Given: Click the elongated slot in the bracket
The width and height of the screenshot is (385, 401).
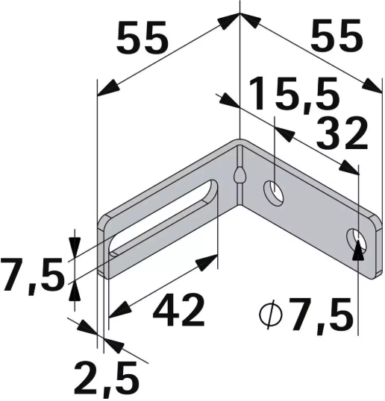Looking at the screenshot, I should [164, 217].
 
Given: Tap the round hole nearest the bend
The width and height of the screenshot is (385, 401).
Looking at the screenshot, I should [275, 192].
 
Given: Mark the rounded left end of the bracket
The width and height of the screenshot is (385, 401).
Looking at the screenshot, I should [104, 246].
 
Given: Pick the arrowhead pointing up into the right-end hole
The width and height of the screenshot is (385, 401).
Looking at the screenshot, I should [359, 247].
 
